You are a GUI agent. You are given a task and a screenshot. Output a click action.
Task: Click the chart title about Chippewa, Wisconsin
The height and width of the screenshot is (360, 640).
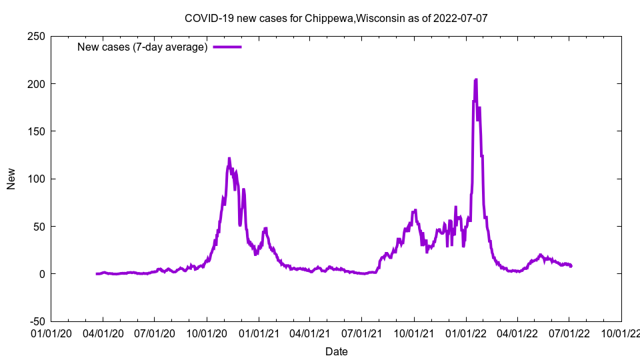[x=336, y=18]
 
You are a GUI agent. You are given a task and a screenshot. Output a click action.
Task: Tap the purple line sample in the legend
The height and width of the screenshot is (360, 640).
[x=227, y=47]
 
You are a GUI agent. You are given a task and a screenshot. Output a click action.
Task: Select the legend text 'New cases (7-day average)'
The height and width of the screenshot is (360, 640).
[x=143, y=47]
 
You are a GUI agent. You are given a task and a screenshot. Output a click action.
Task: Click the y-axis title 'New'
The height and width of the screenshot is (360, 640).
[x=11, y=179]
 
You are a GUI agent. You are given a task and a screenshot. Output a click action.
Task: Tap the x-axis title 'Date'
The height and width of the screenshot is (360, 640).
[x=336, y=351]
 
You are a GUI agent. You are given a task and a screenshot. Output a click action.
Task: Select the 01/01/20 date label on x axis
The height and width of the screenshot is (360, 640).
[x=51, y=332]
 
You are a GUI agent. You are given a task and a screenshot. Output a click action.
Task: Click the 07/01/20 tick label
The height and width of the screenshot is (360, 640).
[x=155, y=332]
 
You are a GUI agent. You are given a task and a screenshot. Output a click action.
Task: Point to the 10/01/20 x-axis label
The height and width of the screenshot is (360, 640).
[x=207, y=332]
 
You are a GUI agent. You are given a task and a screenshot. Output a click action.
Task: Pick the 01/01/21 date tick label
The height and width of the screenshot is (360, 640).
[x=259, y=332]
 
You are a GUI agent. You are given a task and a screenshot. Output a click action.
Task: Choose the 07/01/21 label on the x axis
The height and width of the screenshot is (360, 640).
[x=362, y=332]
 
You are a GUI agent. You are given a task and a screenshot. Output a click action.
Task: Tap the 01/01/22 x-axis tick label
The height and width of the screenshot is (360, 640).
[x=466, y=332]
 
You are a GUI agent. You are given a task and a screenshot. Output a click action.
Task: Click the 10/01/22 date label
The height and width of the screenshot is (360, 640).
[x=621, y=332]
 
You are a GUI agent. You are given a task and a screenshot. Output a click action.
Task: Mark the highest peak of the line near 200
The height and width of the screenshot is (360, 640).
[x=475, y=79]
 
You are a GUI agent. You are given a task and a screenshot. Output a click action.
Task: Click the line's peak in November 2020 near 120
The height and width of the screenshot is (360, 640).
[x=229, y=159]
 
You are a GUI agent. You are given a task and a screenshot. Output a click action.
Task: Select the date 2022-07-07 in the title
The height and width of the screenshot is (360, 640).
[x=460, y=18]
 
